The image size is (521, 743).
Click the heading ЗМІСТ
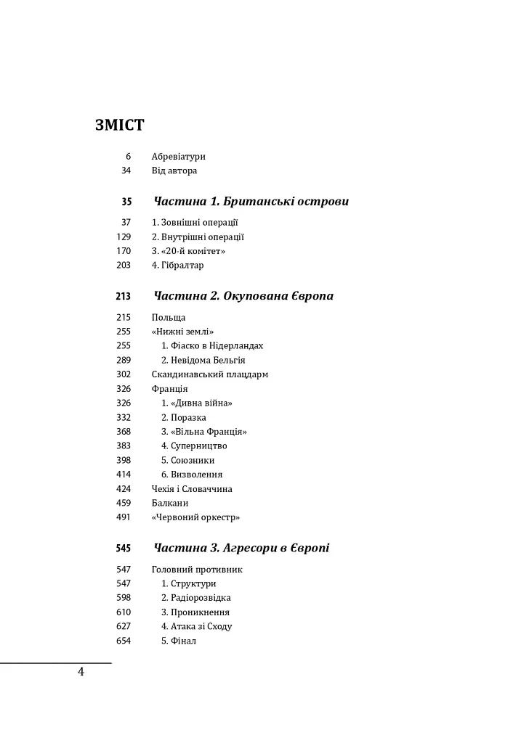[x=119, y=125]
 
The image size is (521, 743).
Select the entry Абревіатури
[x=178, y=157]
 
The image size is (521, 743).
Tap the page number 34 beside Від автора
[x=126, y=171]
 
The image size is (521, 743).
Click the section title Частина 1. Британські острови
[x=251, y=202]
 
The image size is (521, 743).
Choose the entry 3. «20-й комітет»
[x=188, y=251]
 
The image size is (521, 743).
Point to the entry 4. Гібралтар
[x=177, y=266]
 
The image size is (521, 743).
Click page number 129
[x=124, y=237]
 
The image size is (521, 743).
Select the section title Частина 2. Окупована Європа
[x=243, y=297]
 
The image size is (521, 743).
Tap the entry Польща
[x=169, y=318]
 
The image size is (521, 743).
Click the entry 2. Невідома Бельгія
[x=203, y=361]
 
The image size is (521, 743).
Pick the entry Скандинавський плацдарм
[x=210, y=375]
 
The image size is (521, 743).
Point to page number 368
[x=124, y=432]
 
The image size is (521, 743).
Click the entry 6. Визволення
[x=192, y=475]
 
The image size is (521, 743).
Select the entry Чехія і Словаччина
[x=192, y=489]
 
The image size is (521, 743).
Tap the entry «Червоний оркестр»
[x=195, y=518]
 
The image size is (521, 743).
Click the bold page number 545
[x=124, y=549]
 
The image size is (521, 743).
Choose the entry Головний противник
[x=197, y=570]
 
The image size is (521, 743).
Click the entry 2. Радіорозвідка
[x=195, y=598]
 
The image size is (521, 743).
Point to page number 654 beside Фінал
[x=124, y=641]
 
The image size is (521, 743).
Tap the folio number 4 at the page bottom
[x=81, y=672]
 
